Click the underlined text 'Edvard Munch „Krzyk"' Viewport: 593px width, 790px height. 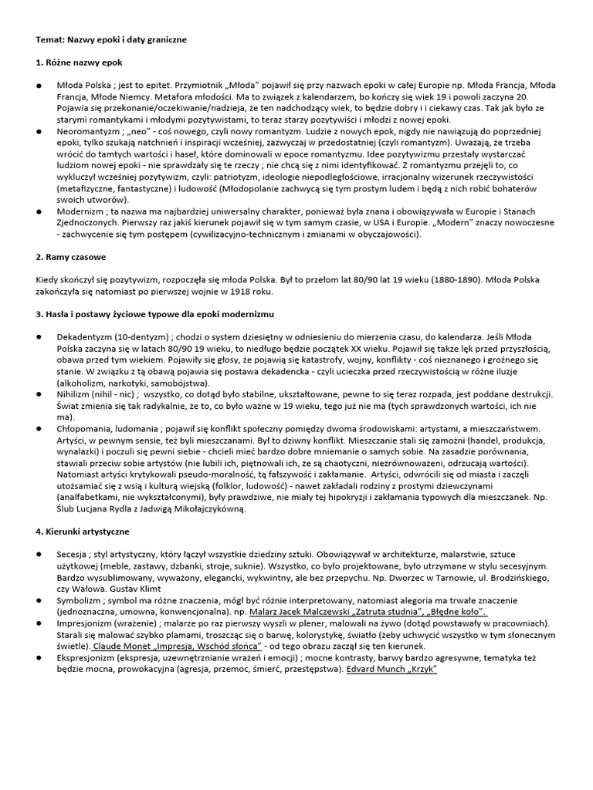tap(391, 669)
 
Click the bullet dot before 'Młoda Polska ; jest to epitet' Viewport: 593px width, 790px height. tap(39, 85)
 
